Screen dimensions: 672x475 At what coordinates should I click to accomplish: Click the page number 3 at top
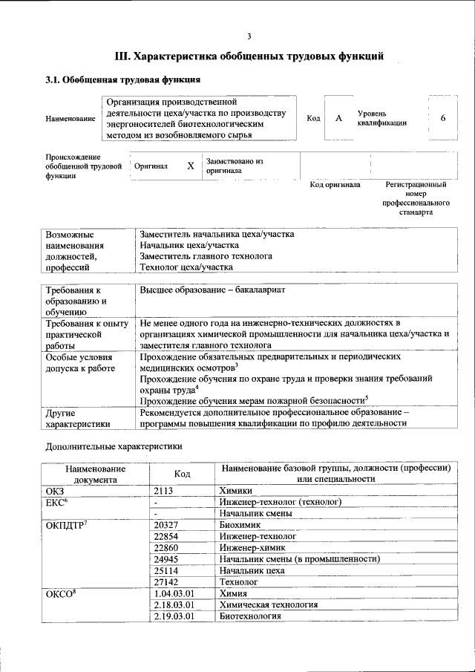coord(249,36)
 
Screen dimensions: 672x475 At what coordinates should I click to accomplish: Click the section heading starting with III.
coord(249,56)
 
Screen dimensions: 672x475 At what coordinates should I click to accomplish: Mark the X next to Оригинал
coord(191,166)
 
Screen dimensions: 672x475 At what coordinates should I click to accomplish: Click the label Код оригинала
coord(335,184)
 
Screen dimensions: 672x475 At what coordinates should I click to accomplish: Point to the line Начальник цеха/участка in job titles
coord(189,245)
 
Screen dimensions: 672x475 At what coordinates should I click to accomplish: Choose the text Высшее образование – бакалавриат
coord(212,290)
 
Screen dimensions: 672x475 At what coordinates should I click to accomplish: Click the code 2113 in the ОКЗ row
coord(166,491)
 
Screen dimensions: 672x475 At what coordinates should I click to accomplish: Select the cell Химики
coord(236,491)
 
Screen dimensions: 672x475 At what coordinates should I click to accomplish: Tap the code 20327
coord(168,524)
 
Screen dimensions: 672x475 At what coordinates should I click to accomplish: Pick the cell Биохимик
coord(239,524)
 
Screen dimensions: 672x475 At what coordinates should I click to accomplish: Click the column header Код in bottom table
coord(182,474)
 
